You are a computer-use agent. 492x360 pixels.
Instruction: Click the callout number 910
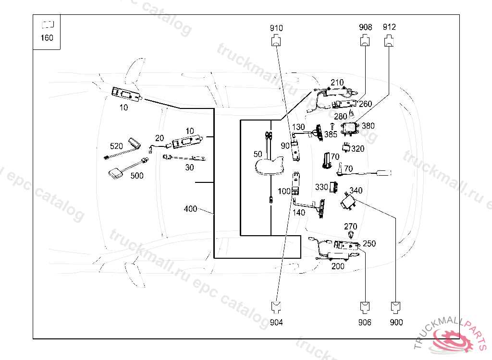point(276,28)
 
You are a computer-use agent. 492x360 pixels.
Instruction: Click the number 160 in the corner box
point(47,38)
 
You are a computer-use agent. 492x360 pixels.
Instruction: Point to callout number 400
point(190,209)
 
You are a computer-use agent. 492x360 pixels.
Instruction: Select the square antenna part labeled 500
point(116,173)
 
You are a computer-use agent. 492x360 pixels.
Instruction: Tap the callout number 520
point(117,145)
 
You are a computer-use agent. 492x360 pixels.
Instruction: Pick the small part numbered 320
point(345,147)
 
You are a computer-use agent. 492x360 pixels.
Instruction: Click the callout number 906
point(365,323)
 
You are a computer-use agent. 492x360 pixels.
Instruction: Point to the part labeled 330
point(333,187)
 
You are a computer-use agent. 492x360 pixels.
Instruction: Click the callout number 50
point(258,154)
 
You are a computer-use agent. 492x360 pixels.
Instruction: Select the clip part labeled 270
point(351,235)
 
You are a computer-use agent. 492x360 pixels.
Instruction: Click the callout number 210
point(337,83)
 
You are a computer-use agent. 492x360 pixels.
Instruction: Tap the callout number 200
point(338,266)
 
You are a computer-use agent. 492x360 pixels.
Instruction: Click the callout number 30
point(189,168)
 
